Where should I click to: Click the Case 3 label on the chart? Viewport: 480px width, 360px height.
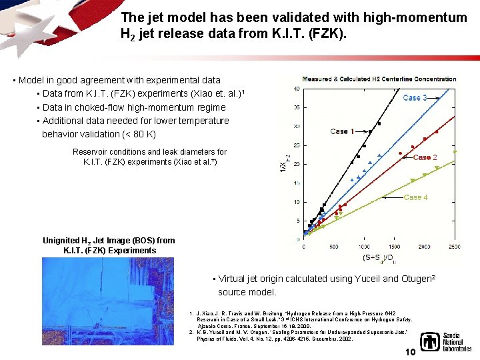point(415,97)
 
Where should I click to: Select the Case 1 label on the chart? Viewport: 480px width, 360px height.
point(343,131)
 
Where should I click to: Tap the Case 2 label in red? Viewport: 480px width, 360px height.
point(425,157)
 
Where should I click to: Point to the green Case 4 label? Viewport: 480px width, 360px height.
point(416,197)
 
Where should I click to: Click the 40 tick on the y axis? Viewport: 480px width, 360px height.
point(295,88)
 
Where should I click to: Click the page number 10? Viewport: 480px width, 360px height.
point(411,351)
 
